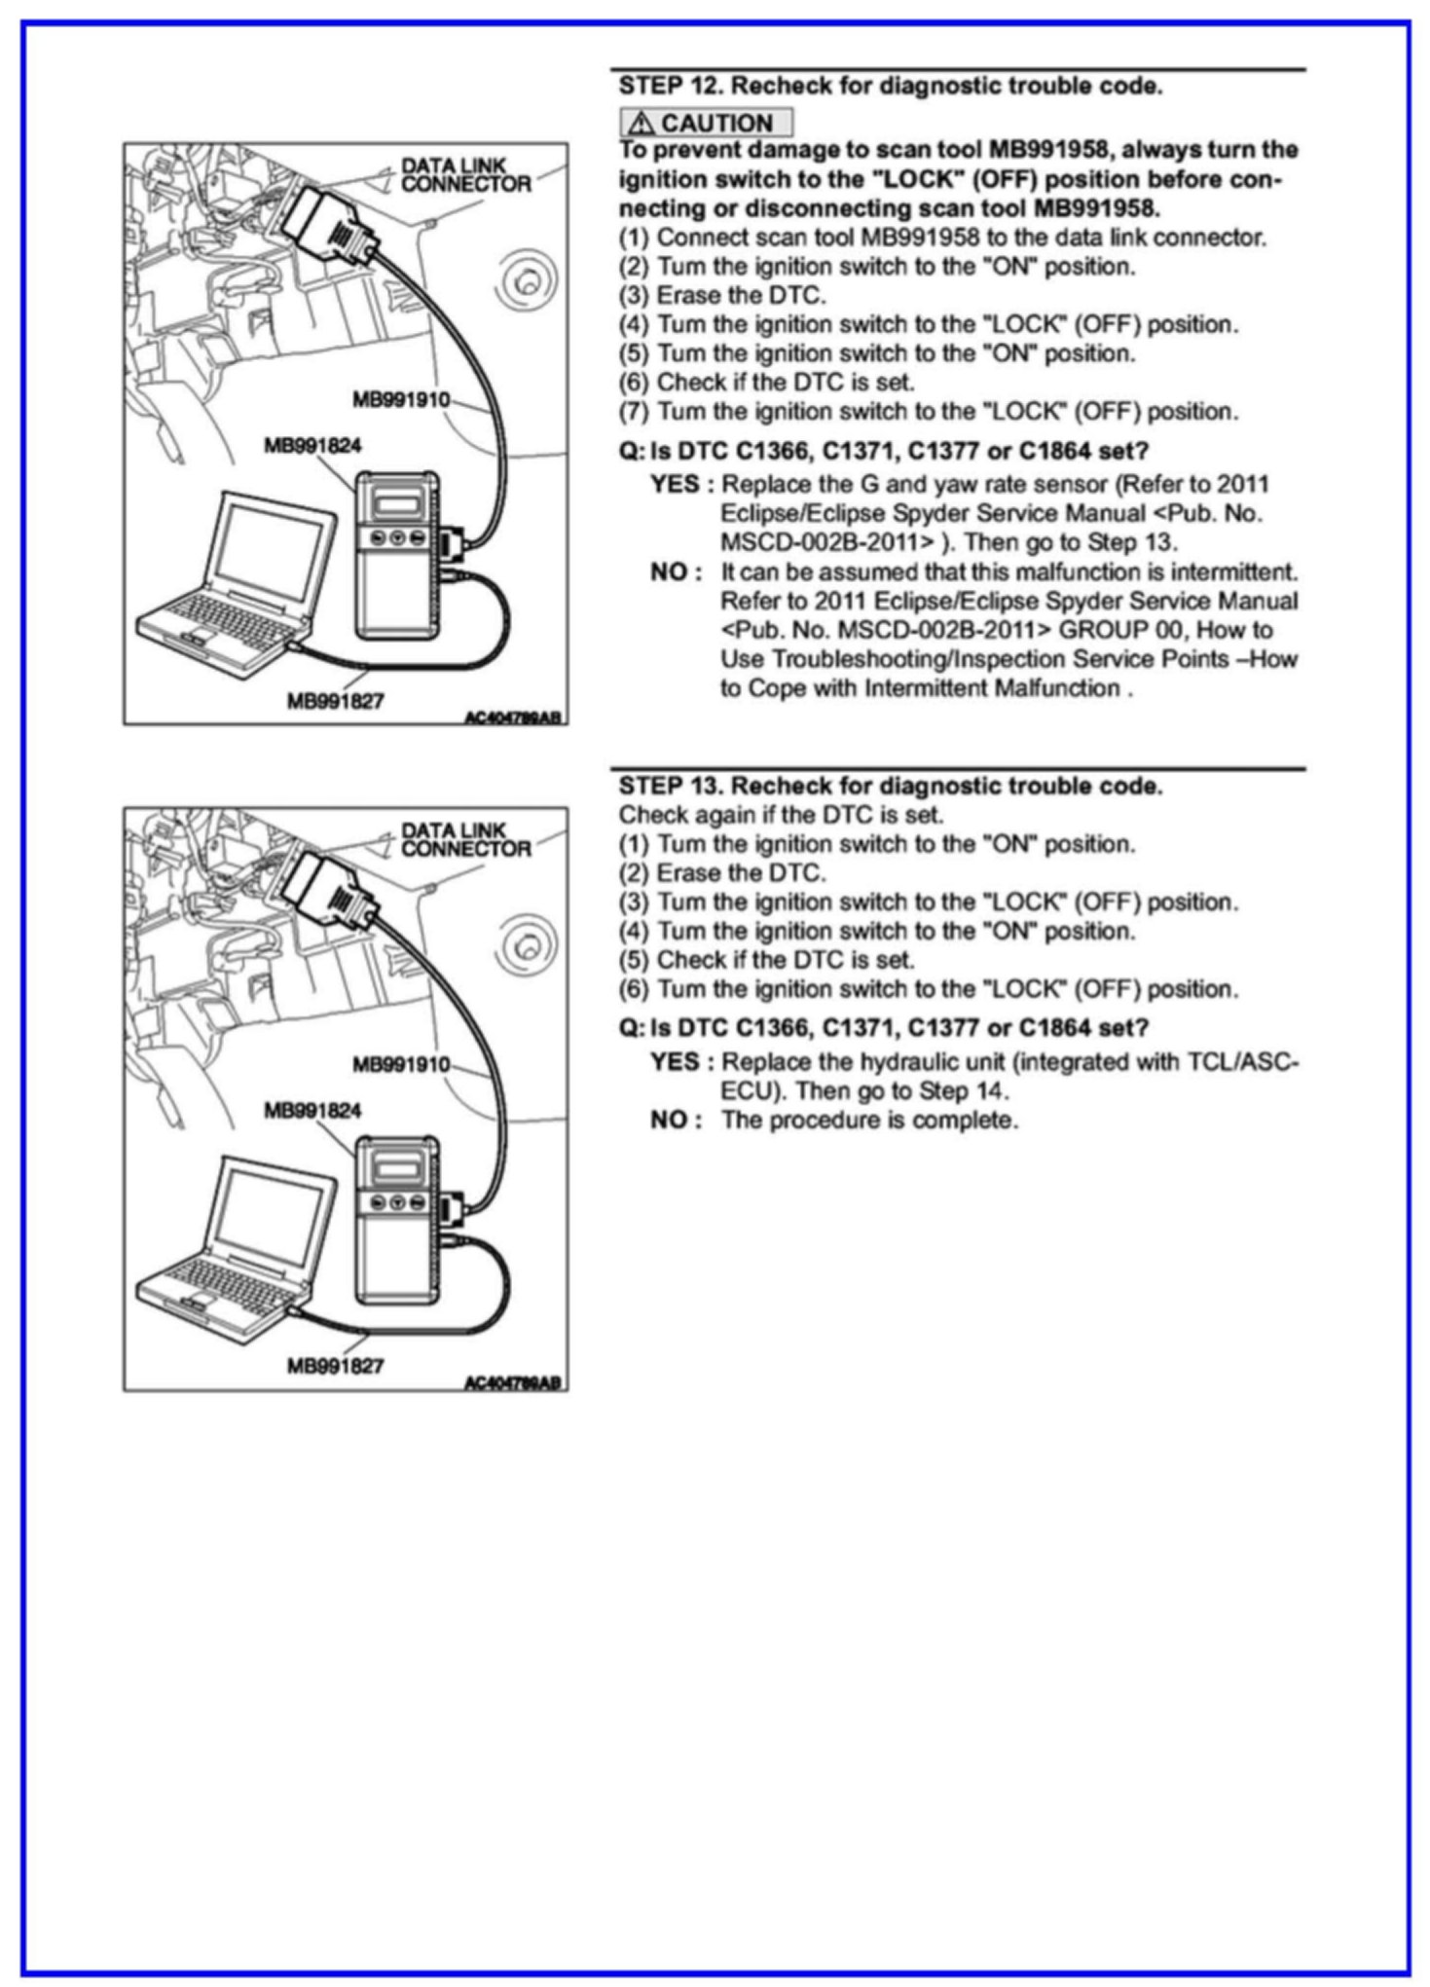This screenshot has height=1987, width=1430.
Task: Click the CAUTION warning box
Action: [x=707, y=123]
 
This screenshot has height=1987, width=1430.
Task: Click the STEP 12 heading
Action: [x=891, y=86]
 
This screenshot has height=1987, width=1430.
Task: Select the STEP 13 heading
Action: [x=891, y=786]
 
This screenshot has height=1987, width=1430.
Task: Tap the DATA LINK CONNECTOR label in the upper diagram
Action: [x=465, y=175]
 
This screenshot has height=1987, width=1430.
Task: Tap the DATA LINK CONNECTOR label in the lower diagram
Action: [x=465, y=839]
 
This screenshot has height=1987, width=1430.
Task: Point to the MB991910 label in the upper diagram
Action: [x=400, y=399]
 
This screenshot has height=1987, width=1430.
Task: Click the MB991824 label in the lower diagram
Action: [x=312, y=1110]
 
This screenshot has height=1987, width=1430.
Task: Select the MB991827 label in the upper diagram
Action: [x=335, y=700]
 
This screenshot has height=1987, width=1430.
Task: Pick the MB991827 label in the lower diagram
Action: [x=335, y=1365]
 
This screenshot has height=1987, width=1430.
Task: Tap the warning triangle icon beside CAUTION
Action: [x=640, y=124]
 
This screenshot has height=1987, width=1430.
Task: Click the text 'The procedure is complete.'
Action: [x=869, y=1120]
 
